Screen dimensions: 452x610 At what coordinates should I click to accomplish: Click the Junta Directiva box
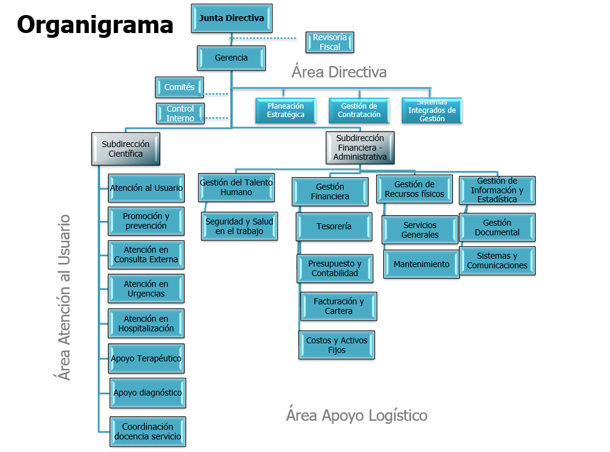pos(232,19)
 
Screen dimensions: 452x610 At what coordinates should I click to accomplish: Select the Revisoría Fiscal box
pos(329,42)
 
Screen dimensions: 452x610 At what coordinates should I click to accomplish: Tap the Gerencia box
pos(231,58)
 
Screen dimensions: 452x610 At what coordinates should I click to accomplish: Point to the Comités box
pos(179,88)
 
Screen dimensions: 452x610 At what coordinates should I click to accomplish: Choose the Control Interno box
pos(180,113)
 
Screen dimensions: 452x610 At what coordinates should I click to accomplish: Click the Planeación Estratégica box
pos(286,110)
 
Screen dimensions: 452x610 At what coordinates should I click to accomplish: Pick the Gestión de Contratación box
pos(359,110)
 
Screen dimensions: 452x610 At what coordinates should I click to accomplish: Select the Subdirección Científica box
pos(125,149)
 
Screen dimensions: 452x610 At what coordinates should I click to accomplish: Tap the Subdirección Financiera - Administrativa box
pos(360,148)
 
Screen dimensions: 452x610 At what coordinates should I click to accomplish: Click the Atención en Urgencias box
pos(146,289)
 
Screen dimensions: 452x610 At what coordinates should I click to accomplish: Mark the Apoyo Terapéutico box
pos(146,358)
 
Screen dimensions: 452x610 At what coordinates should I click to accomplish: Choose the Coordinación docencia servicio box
pos(148,432)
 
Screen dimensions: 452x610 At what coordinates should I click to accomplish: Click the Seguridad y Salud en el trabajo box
pos(239,226)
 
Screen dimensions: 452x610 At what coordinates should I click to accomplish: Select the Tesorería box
pos(334,227)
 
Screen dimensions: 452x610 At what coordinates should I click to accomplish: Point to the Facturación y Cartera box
pos(338,307)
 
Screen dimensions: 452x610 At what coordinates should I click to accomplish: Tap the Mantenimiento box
pos(421,264)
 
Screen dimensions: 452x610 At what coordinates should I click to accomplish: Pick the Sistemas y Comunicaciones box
pos(497,261)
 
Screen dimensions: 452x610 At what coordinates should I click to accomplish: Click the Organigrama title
pos(95,25)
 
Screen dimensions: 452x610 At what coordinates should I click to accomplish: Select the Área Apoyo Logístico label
pos(356,415)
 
